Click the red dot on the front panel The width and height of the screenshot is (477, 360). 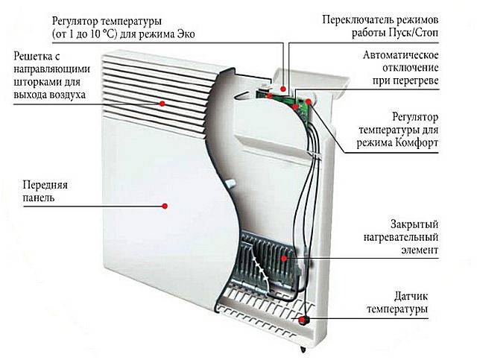coord(165,206)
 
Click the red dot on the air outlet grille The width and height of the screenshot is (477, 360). coord(162,104)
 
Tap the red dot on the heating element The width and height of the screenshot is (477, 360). coord(284,259)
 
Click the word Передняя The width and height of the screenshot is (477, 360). coord(45,185)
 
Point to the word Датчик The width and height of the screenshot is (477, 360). coord(411,296)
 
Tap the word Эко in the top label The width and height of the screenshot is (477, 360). coord(186,34)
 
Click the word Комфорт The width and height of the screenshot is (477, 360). coord(417,142)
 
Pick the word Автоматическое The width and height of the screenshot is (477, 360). coord(401,55)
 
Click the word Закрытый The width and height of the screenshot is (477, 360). coord(414,224)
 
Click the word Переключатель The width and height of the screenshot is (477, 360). coord(359,20)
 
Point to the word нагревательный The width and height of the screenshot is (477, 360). coord(401,237)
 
